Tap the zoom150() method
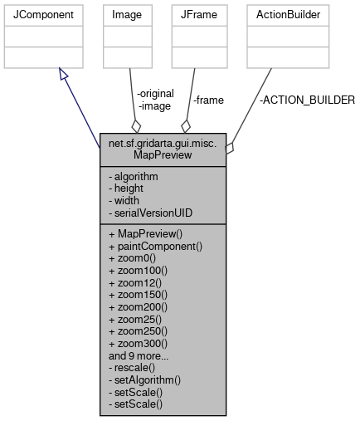point(138,294)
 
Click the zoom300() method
point(138,342)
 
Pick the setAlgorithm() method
point(144,379)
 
